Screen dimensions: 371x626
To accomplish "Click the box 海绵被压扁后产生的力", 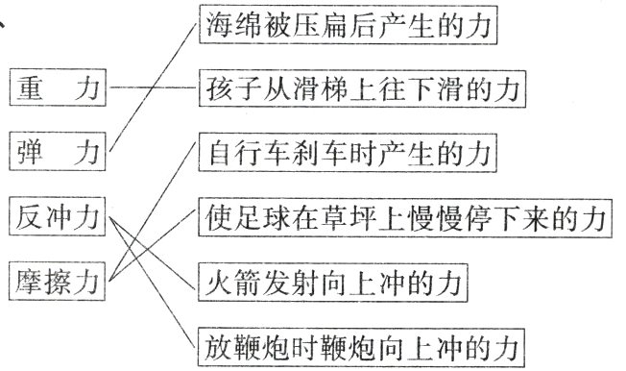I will tap(351, 27).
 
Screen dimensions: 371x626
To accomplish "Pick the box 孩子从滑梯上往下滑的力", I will tap(364, 91).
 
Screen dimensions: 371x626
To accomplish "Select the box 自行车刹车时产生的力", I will tap(350, 155).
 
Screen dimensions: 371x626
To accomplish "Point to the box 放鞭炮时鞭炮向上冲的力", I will tap(364, 343).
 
